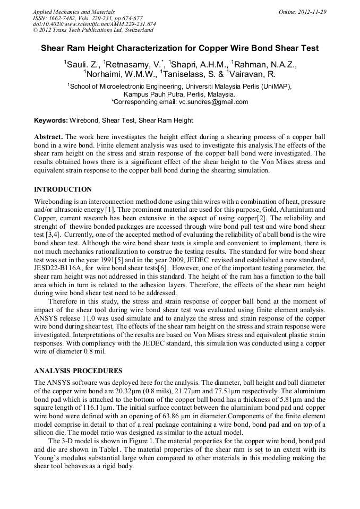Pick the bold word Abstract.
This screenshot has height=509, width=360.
point(48,137)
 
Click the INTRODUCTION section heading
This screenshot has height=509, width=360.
point(63,189)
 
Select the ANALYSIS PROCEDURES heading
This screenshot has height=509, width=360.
point(78,370)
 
